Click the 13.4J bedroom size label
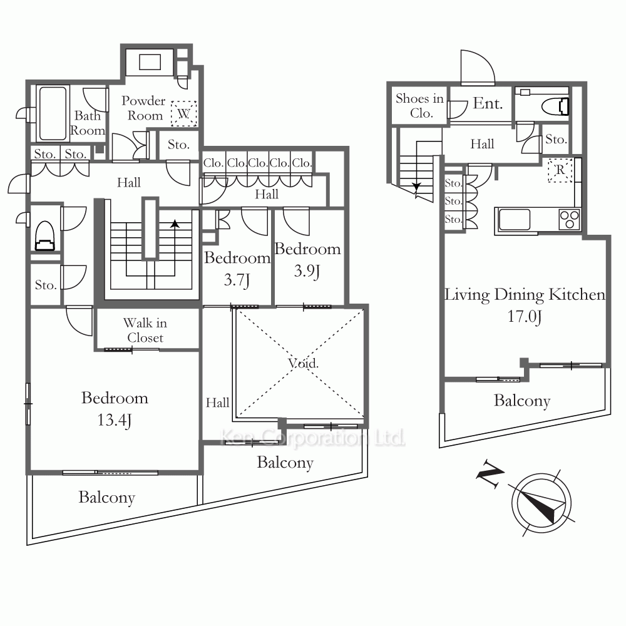click(114, 420)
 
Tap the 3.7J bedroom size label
click(237, 279)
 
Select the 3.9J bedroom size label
click(307, 271)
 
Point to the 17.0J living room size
click(525, 317)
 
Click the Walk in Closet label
click(145, 330)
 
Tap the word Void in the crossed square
click(304, 363)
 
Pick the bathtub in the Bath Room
click(53, 113)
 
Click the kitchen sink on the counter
click(515, 219)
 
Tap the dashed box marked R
click(560, 170)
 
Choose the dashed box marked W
click(183, 114)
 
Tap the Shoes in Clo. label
click(419, 106)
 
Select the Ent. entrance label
click(488, 103)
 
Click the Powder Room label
click(143, 108)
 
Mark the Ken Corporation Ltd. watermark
click(312, 438)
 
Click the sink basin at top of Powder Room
click(150, 62)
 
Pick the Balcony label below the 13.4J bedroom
click(106, 498)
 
